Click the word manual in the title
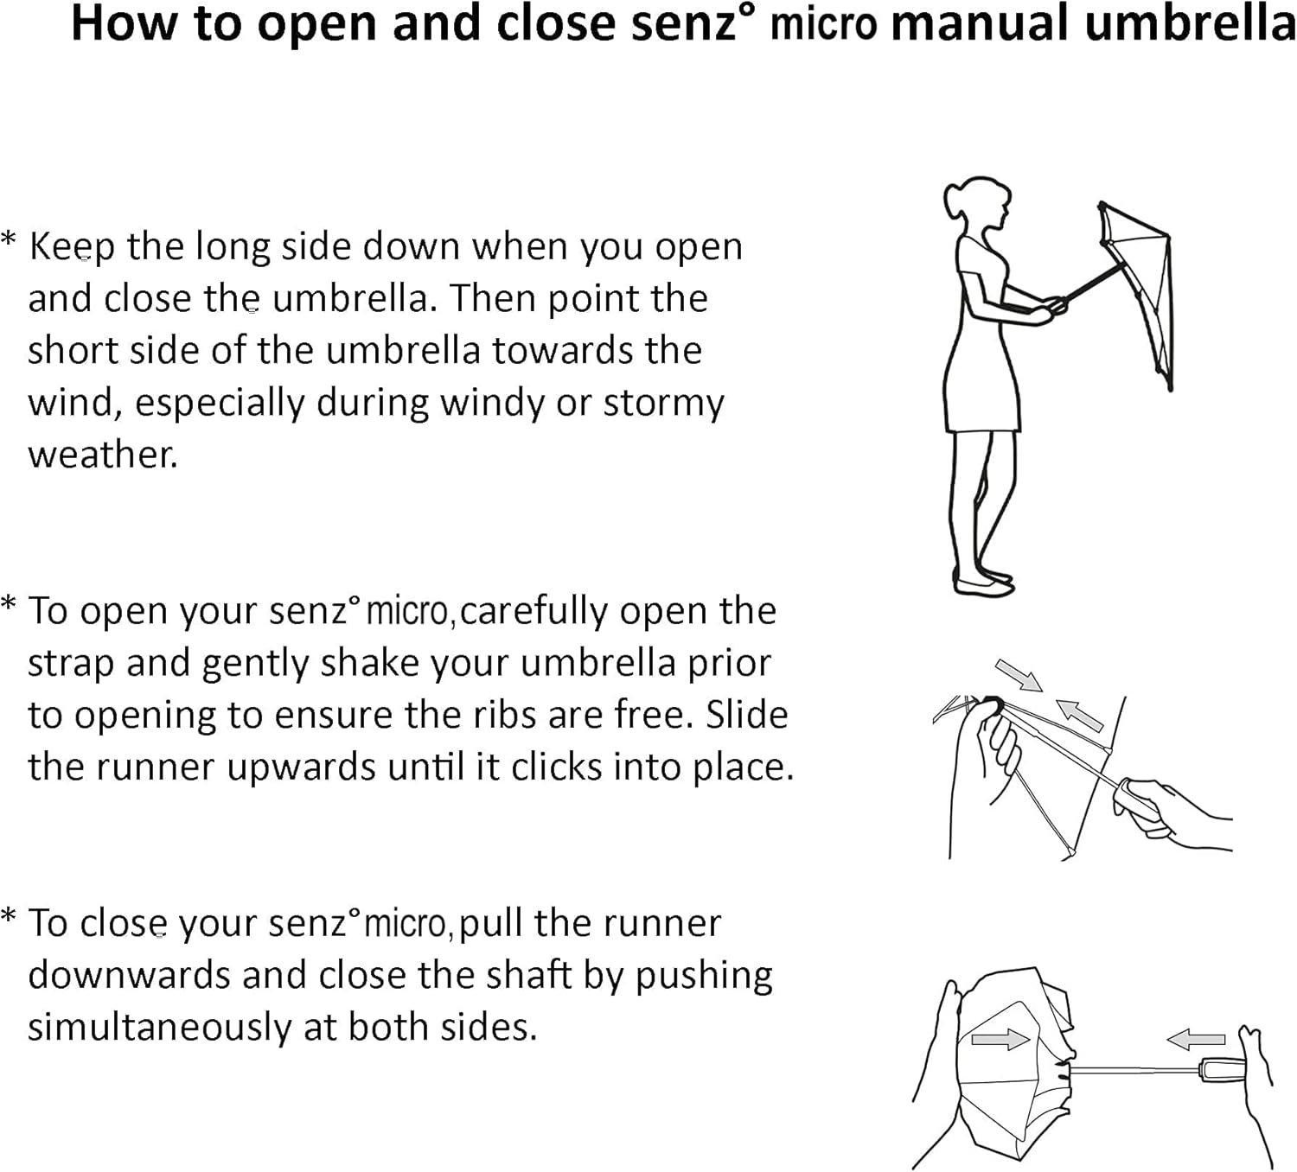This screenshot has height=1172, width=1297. click(980, 23)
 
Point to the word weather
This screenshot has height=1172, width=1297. click(102, 455)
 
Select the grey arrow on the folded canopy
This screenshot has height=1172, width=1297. click(1000, 1039)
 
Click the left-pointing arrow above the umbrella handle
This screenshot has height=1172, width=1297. click(1196, 1039)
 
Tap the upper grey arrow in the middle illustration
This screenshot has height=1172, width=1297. click(1019, 675)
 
